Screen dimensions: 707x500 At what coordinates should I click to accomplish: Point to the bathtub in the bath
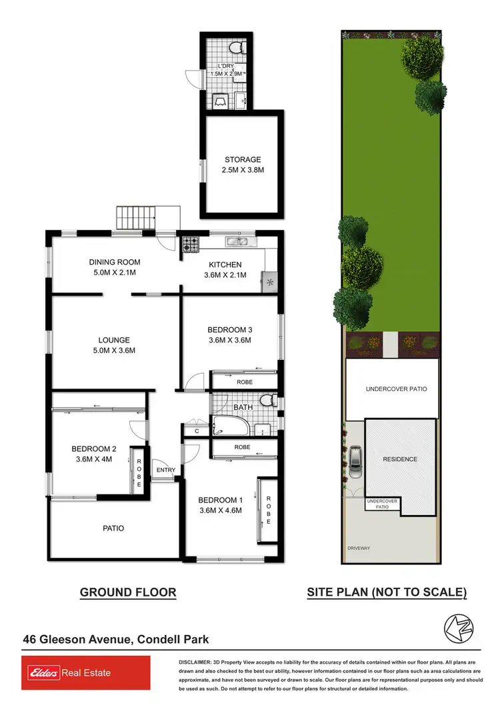tap(229, 425)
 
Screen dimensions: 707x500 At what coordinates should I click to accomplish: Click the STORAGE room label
tap(243, 160)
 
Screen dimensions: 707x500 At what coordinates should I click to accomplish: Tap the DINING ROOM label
tap(115, 263)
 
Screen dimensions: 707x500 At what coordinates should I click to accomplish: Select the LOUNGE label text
tap(113, 340)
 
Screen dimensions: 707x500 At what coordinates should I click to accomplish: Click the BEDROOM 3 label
tap(230, 330)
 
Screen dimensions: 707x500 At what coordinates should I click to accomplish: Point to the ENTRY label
tap(166, 470)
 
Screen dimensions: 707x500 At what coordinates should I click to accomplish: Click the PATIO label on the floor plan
tap(113, 528)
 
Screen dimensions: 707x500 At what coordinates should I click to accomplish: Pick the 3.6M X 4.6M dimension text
tap(219, 511)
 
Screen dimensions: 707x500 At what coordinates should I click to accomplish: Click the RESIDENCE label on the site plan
tap(400, 459)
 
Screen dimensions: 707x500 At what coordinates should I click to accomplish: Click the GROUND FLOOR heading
tap(128, 592)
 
